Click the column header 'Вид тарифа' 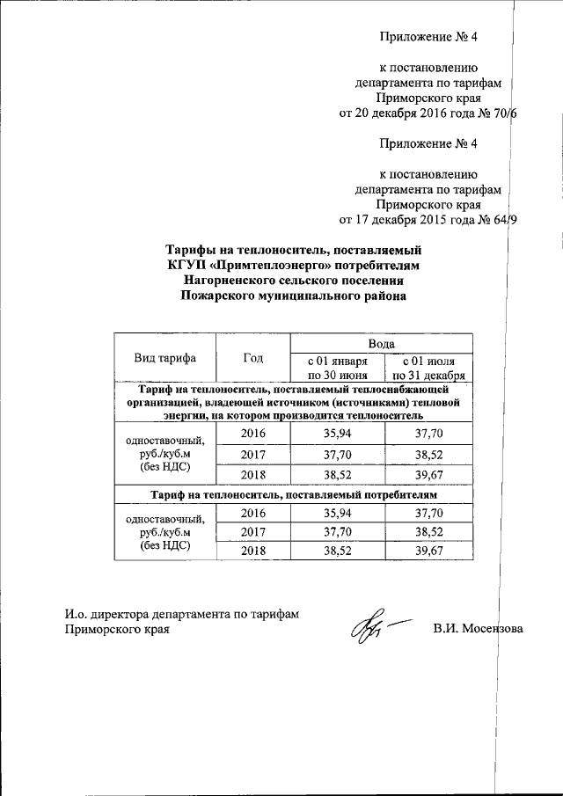coord(165,358)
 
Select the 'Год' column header coord(252,358)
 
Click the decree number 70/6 coord(505,113)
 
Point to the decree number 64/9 coord(505,220)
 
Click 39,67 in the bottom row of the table coord(428,551)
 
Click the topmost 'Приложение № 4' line coord(428,37)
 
